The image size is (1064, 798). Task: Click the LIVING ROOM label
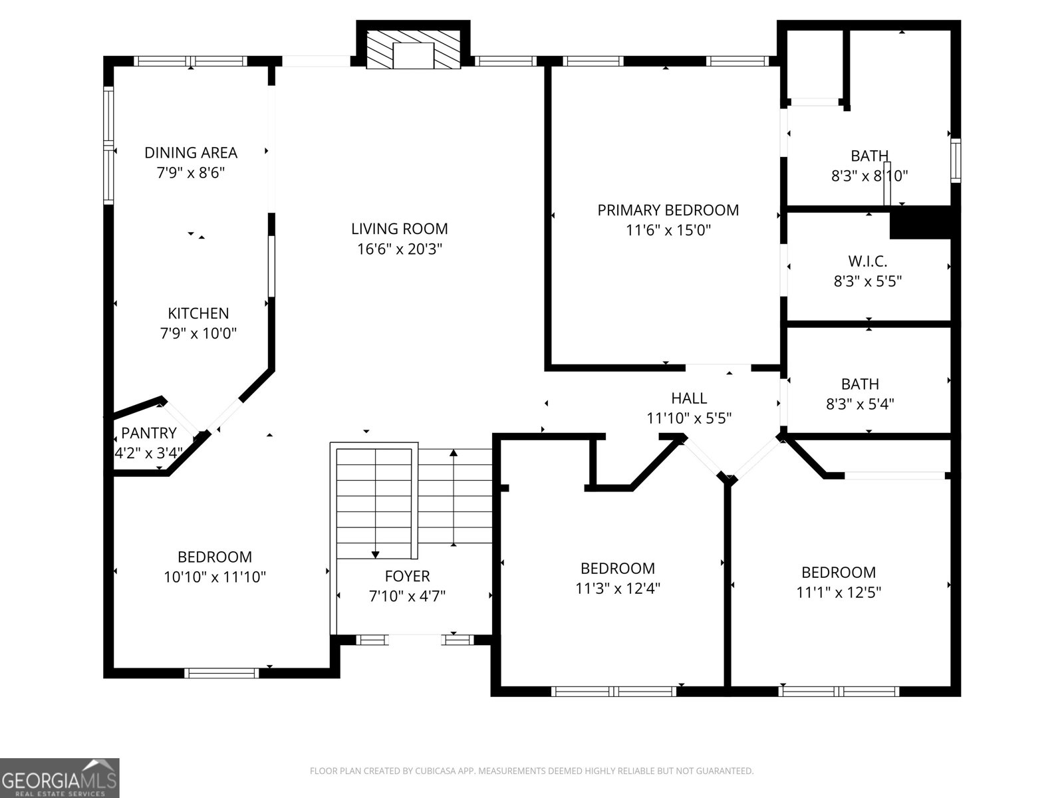click(399, 229)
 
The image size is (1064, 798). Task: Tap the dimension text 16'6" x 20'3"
click(399, 249)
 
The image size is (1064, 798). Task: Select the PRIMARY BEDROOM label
click(668, 210)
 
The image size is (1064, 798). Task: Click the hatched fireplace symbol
click(413, 49)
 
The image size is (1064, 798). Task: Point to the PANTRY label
click(149, 434)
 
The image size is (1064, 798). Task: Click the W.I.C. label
click(868, 261)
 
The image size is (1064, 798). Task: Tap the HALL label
click(689, 398)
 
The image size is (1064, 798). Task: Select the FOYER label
click(407, 576)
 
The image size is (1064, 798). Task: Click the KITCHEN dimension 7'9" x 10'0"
click(198, 333)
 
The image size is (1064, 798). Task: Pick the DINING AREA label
click(191, 152)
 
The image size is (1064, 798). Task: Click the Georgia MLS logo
click(60, 777)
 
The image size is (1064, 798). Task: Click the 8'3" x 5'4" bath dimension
click(860, 404)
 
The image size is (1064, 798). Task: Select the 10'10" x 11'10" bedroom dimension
click(215, 577)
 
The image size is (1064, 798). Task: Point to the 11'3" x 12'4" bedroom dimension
click(617, 589)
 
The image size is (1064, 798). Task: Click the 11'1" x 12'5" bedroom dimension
click(839, 593)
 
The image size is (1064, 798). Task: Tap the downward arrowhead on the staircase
click(375, 554)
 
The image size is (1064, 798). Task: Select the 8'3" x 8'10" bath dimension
click(869, 176)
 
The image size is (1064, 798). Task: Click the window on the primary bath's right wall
click(956, 160)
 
